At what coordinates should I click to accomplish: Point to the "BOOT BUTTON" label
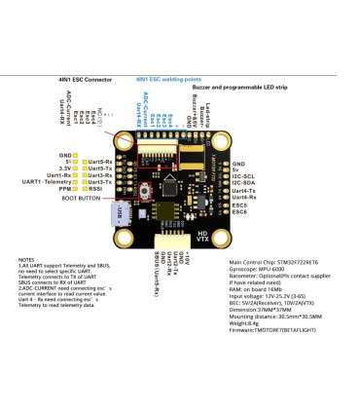[x=81, y=197]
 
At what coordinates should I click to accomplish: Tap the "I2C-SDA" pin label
[x=245, y=180]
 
